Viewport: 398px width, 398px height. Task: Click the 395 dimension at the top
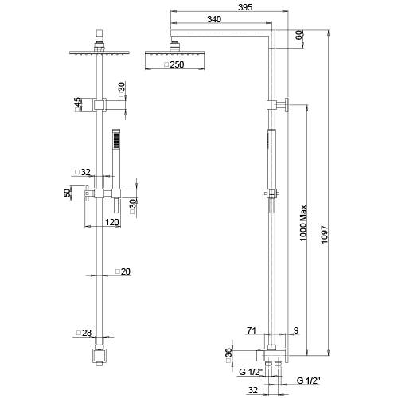point(245,7)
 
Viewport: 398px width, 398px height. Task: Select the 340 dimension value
point(214,19)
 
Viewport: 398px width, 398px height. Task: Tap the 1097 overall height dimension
point(325,235)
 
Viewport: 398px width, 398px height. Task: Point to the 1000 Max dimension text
point(303,223)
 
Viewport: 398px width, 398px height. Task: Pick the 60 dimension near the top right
point(299,35)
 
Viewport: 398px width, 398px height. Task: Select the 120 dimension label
point(112,222)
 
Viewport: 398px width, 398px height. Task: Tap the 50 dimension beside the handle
point(68,193)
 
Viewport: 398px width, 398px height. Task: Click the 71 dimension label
point(252,330)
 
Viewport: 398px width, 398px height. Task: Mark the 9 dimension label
point(296,330)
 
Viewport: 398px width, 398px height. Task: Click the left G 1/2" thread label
point(251,372)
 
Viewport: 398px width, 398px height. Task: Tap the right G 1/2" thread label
point(308,380)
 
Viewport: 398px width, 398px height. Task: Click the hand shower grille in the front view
point(116,140)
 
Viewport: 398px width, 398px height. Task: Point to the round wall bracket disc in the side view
point(287,105)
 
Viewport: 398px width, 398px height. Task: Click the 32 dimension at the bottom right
point(253,390)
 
